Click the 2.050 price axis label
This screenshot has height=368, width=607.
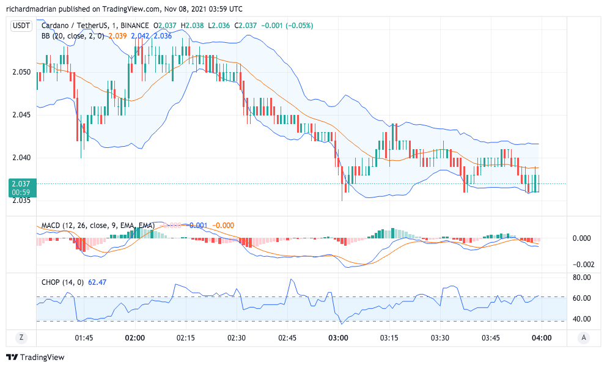coord(21,72)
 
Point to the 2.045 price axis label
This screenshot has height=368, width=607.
coord(21,115)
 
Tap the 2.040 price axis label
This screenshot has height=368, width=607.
coord(21,158)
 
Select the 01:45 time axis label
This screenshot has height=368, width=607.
coord(84,338)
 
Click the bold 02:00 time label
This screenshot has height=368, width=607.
coord(134,338)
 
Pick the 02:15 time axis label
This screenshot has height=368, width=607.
coord(185,338)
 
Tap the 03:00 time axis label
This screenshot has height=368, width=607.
coord(338,338)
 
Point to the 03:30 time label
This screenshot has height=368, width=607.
coord(440,338)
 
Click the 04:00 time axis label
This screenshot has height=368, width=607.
coord(542,338)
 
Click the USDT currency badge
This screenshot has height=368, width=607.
coord(21,26)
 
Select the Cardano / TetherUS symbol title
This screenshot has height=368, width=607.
coord(73,26)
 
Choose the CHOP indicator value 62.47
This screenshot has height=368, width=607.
coord(98,282)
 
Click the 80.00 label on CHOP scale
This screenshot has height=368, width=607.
coord(582,278)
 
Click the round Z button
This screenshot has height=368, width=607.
coord(21,337)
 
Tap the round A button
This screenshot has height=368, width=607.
coord(584,337)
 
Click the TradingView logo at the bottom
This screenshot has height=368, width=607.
coord(35,358)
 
